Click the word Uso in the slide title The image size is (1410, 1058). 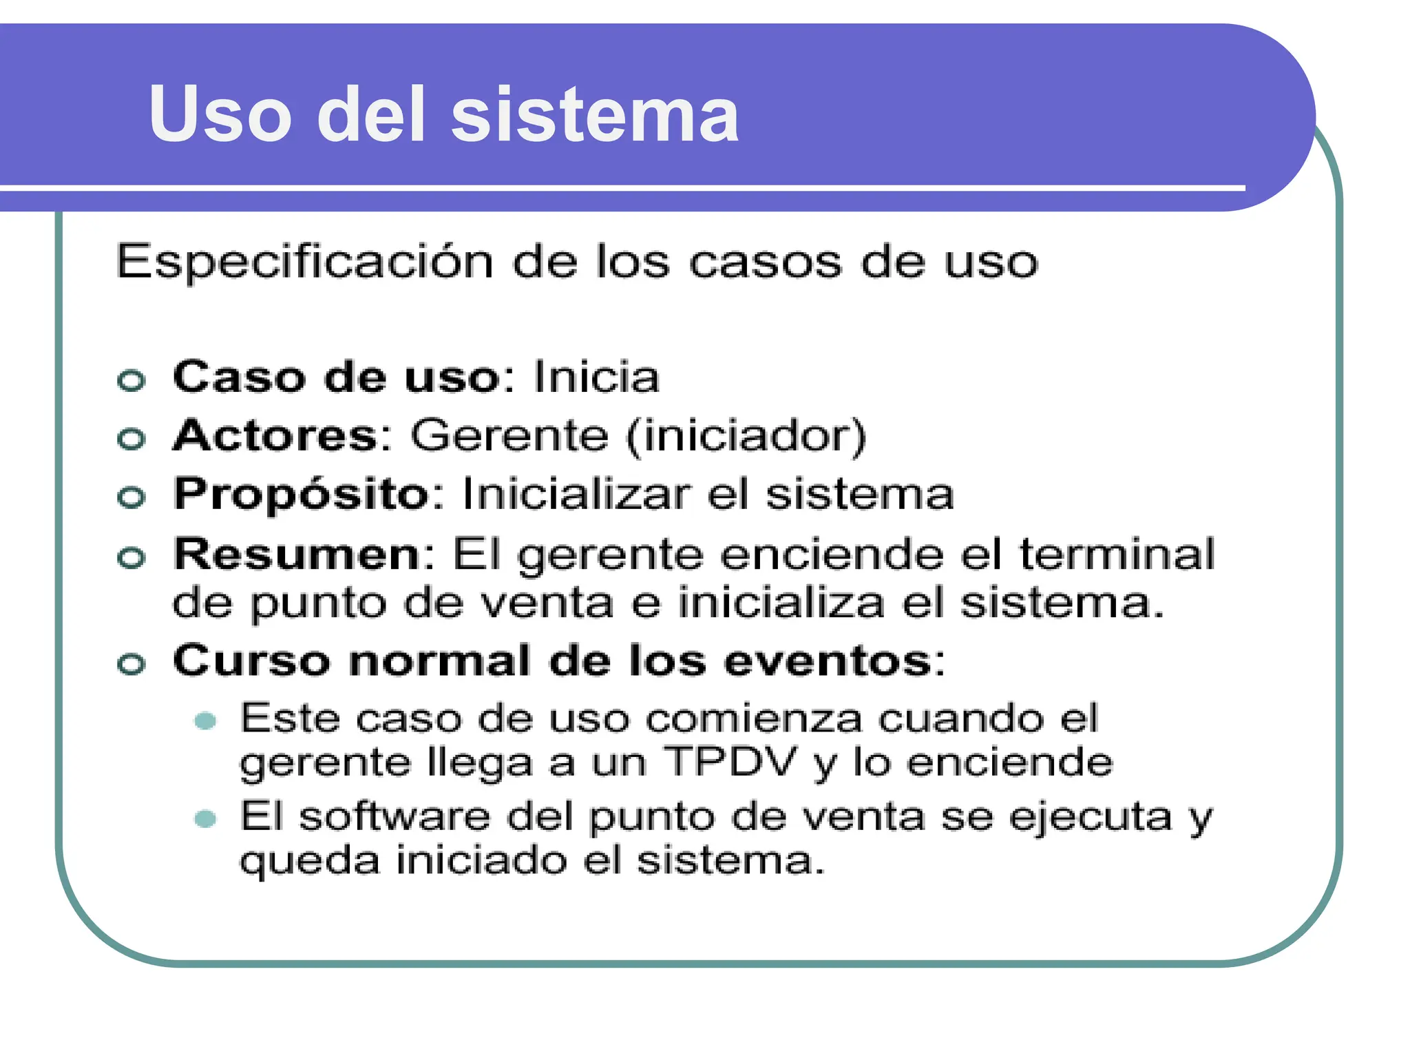(220, 114)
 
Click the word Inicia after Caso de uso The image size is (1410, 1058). (596, 377)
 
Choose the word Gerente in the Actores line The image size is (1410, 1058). (509, 436)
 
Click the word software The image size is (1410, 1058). (395, 818)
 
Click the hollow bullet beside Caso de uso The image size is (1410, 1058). (131, 380)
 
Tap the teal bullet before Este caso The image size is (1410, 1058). (205, 721)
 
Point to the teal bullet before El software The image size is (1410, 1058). (205, 819)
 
